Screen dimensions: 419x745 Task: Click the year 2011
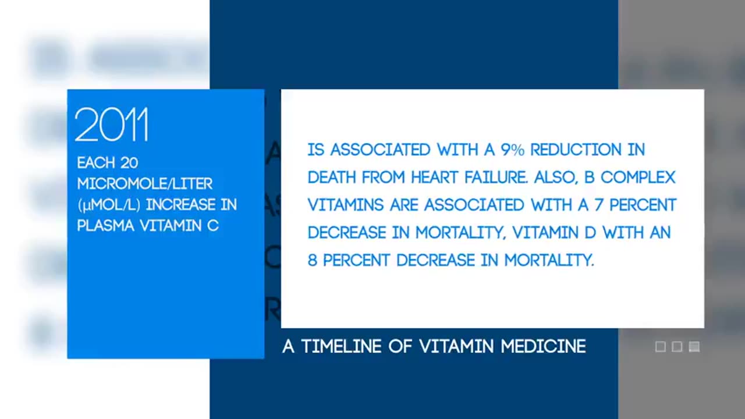(x=111, y=125)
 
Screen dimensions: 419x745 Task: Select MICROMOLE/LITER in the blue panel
(x=145, y=184)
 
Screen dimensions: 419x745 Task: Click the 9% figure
(x=512, y=150)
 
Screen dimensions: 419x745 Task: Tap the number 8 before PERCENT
(x=312, y=260)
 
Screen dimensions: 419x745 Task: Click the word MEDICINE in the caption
(x=543, y=347)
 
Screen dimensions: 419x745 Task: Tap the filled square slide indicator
(x=694, y=347)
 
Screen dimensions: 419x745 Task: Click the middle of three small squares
(x=677, y=347)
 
